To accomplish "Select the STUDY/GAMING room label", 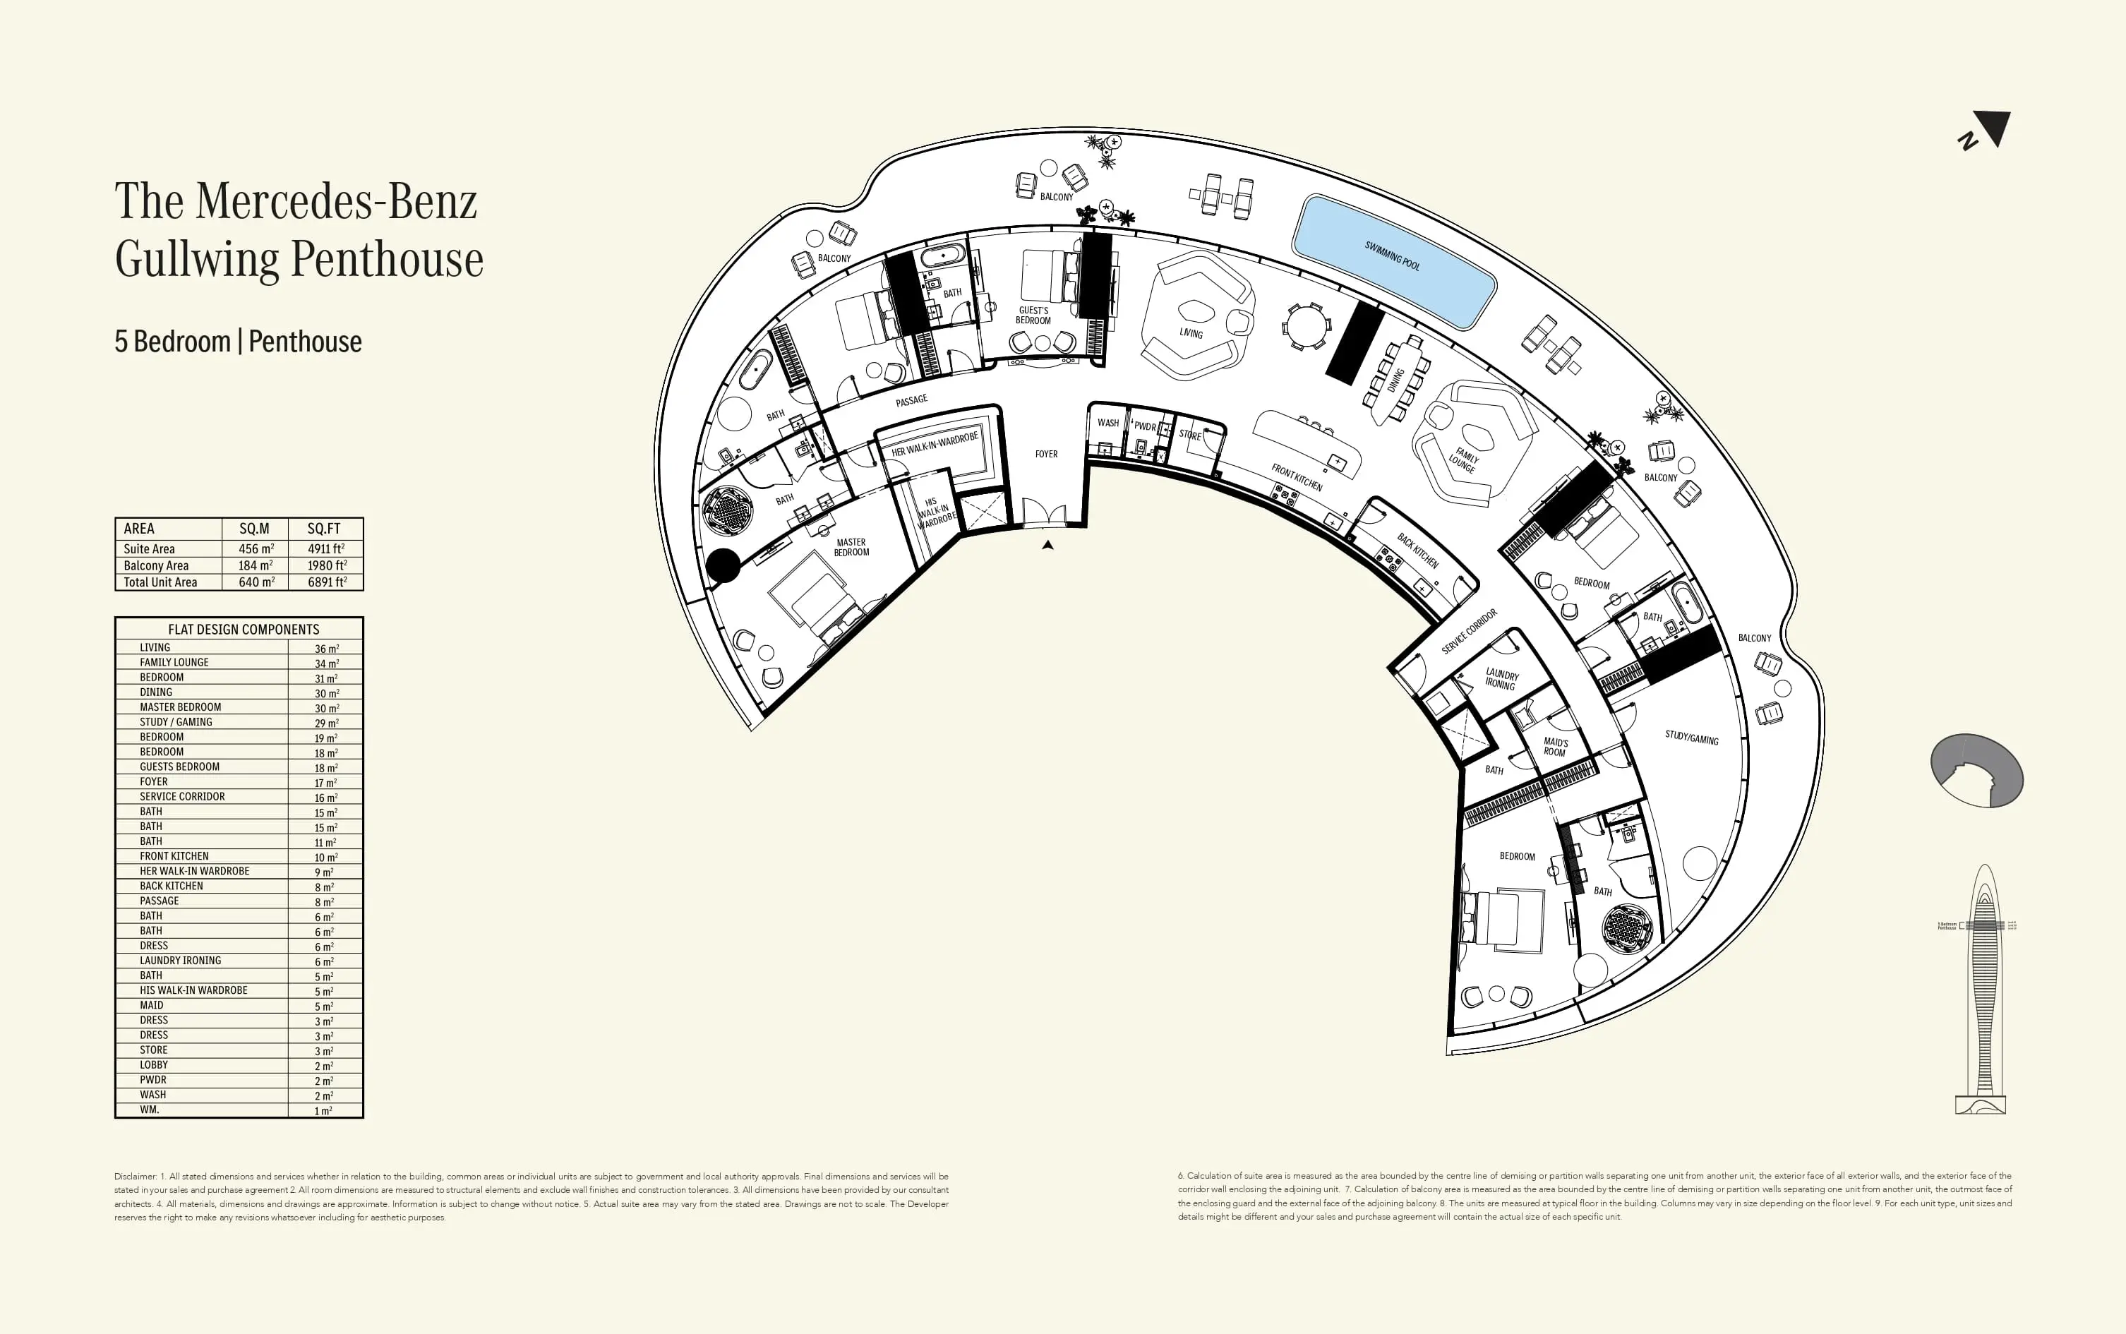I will (1691, 738).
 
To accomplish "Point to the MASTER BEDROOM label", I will (851, 548).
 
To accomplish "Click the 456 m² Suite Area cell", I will (256, 549).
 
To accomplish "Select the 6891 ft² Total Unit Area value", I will (326, 582).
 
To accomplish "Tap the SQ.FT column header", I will (324, 529).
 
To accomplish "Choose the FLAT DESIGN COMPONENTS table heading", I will (244, 629).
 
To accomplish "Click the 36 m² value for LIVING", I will (326, 649).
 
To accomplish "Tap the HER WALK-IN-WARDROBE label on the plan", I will (935, 445).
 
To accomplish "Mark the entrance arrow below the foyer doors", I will (1047, 545).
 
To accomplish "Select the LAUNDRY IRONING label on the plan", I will (1501, 679).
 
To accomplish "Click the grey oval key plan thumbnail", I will (1976, 770).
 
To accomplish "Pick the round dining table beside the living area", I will (1306, 326).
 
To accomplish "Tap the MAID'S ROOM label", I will (1555, 747).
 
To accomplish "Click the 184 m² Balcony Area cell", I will (256, 565).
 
